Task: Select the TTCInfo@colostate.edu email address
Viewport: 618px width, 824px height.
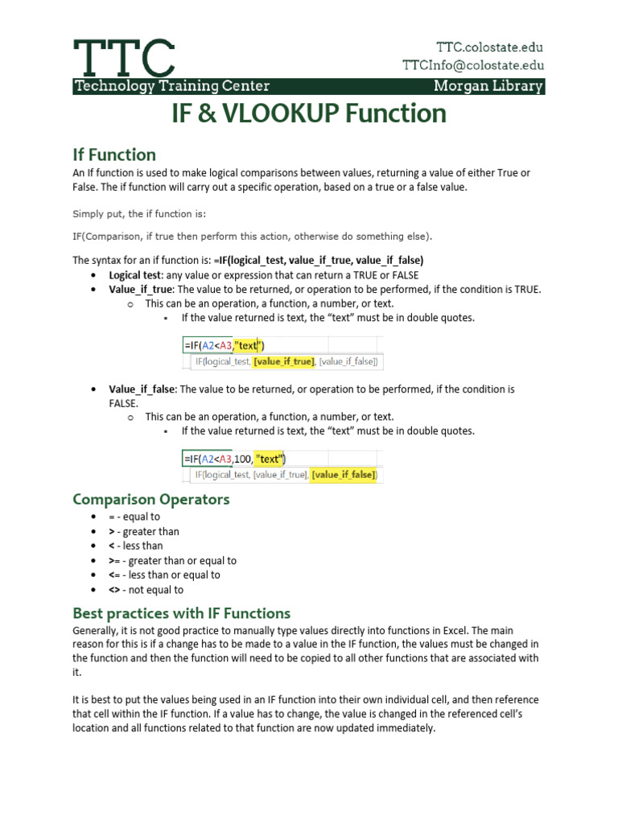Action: (473, 66)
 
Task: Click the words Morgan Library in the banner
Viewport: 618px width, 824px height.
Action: (488, 86)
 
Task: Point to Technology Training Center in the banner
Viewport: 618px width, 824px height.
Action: (171, 86)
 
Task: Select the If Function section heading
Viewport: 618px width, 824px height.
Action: (114, 154)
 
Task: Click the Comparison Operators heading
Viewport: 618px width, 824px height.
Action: (151, 499)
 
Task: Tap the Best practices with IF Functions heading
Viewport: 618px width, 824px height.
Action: (181, 613)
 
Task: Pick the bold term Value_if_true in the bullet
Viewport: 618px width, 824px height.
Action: (142, 290)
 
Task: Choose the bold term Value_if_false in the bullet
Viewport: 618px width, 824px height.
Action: (142, 389)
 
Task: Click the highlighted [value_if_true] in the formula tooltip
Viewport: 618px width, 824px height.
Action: (283, 362)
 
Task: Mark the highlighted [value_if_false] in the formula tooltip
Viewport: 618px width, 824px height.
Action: (344, 475)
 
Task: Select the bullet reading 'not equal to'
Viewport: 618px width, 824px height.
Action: (146, 590)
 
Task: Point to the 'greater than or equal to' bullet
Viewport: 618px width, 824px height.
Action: (172, 561)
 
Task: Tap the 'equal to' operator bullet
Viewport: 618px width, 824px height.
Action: (134, 517)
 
